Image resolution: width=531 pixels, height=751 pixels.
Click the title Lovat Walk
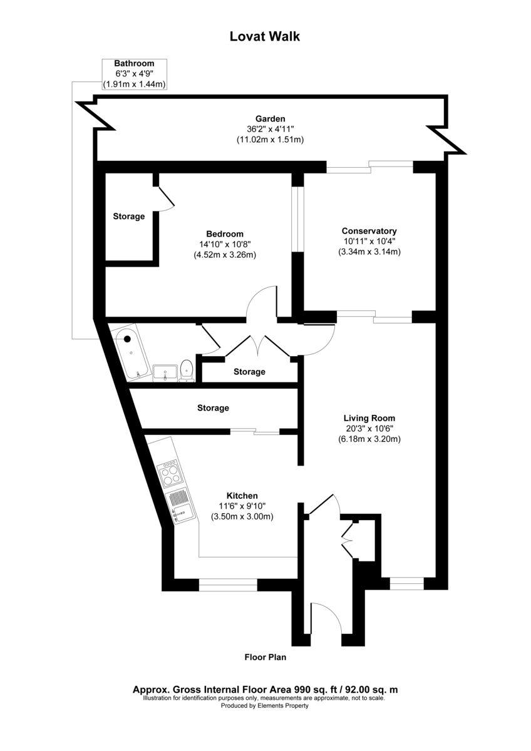[x=265, y=37]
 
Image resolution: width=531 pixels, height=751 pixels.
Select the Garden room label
[x=270, y=118]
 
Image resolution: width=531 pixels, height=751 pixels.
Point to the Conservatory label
[x=369, y=230]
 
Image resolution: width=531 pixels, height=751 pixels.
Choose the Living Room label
[x=369, y=418]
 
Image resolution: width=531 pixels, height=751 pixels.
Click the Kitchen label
[x=242, y=495]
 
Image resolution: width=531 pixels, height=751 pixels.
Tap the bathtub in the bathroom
[x=131, y=353]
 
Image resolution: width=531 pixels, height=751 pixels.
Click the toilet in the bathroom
[x=186, y=370]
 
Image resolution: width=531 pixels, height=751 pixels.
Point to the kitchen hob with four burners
[x=171, y=474]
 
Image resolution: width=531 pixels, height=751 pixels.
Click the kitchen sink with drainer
[x=179, y=506]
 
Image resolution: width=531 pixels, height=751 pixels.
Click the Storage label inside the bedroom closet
[x=129, y=217]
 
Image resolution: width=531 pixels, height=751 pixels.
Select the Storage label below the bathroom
[x=213, y=408]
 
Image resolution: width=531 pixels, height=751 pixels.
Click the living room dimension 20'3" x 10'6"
[x=369, y=429]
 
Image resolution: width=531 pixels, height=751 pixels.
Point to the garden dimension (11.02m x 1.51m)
[x=270, y=140]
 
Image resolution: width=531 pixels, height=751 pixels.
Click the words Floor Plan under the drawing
[x=265, y=658]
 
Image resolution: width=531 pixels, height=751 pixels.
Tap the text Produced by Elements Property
[x=265, y=705]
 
